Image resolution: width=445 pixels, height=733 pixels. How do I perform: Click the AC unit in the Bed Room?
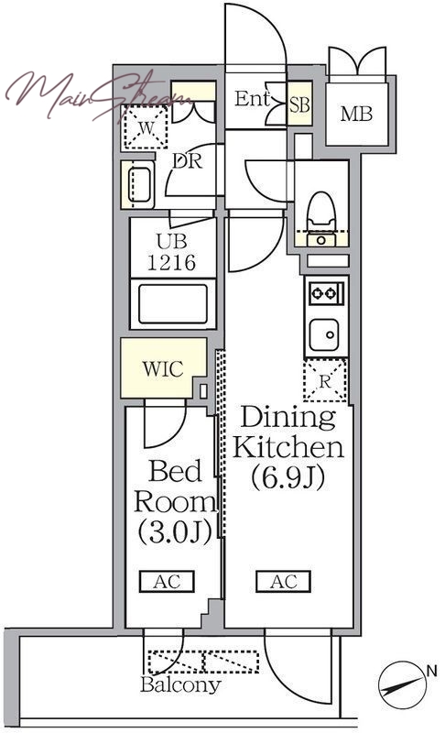click(x=167, y=582)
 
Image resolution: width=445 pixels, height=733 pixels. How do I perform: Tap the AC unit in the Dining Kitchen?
click(x=284, y=582)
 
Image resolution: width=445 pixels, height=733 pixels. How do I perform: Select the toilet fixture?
click(x=321, y=218)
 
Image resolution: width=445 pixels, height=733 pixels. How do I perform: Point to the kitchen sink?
click(x=324, y=334)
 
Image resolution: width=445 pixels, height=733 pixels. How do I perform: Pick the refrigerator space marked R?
click(x=325, y=381)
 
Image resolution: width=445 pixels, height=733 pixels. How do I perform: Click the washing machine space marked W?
click(x=146, y=127)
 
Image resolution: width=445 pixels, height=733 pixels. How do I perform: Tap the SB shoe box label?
click(x=299, y=104)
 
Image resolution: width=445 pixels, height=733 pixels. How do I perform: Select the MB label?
click(x=356, y=114)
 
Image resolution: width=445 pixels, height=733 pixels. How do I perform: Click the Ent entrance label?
click(x=252, y=99)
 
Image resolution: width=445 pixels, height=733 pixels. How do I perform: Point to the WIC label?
click(x=163, y=369)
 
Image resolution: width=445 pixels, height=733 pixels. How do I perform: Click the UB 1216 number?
click(x=171, y=263)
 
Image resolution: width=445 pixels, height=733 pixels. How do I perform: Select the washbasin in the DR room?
click(x=138, y=185)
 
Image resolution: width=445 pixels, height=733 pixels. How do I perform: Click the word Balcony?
click(x=180, y=684)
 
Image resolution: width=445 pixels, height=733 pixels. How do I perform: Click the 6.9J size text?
click(x=288, y=477)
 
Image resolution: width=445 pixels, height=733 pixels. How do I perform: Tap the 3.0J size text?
click(x=175, y=531)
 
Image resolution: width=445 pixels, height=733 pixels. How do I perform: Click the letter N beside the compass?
click(x=431, y=672)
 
